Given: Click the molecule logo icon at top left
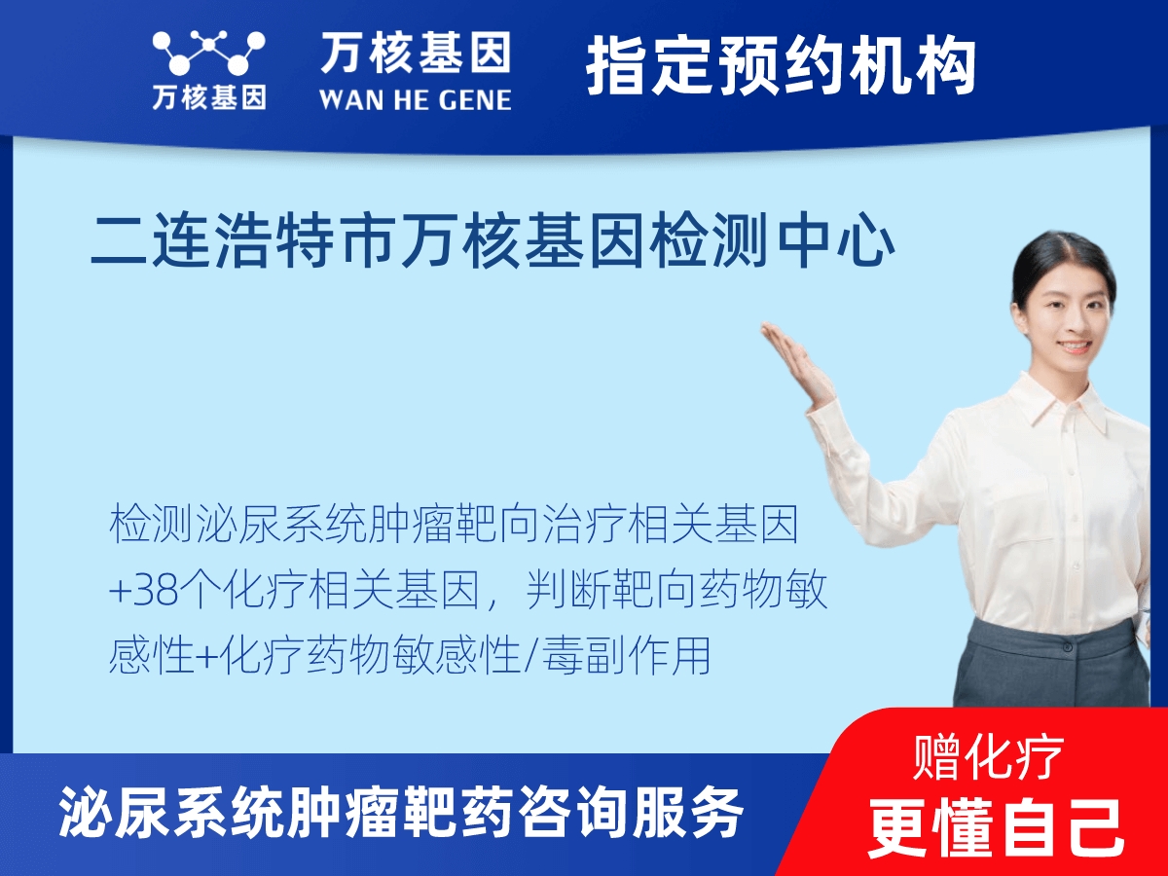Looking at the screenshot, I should pyautogui.click(x=207, y=55).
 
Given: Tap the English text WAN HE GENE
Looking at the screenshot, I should pyautogui.click(x=415, y=99).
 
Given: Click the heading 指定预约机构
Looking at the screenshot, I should pyautogui.click(x=781, y=66).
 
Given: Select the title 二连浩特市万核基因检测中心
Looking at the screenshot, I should pyautogui.click(x=493, y=242).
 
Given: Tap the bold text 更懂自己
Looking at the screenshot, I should pyautogui.click(x=996, y=825).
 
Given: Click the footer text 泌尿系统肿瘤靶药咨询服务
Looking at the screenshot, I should pyautogui.click(x=401, y=812).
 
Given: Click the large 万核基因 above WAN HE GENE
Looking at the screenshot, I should pyautogui.click(x=416, y=53).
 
